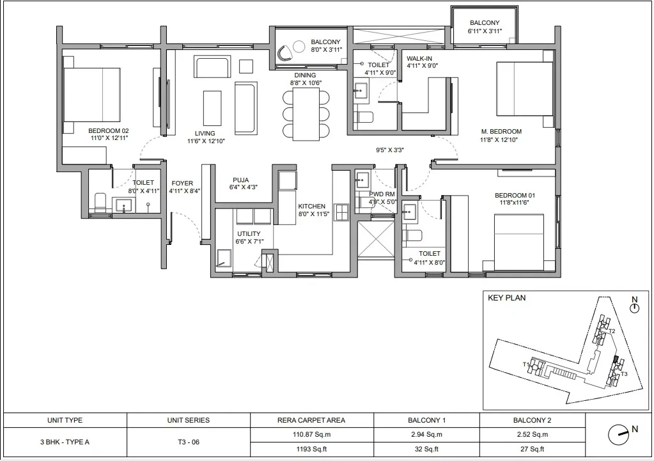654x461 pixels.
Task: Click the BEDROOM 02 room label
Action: point(109,130)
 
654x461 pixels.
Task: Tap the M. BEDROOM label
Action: point(501,132)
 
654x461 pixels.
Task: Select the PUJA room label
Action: point(240,180)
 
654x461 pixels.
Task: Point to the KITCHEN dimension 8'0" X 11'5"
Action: point(314,214)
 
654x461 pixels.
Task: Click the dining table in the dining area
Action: point(306,114)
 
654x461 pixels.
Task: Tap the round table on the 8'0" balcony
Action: point(299,46)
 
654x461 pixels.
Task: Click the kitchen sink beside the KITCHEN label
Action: point(342,212)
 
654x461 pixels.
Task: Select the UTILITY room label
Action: point(249,233)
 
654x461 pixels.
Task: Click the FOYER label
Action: point(182,183)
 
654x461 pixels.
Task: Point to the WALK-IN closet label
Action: point(419,58)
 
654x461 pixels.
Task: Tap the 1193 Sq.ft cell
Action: point(311,449)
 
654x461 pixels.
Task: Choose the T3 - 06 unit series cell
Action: point(189,442)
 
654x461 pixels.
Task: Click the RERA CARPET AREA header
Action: point(311,420)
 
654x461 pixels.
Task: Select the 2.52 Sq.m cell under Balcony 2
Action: point(532,434)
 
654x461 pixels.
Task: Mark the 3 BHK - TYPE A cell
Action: point(65,442)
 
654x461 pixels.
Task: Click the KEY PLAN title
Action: point(507,298)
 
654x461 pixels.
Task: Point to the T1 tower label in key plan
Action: point(526,364)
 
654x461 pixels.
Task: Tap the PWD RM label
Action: point(382,194)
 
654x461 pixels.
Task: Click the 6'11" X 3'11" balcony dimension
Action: point(485,31)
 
